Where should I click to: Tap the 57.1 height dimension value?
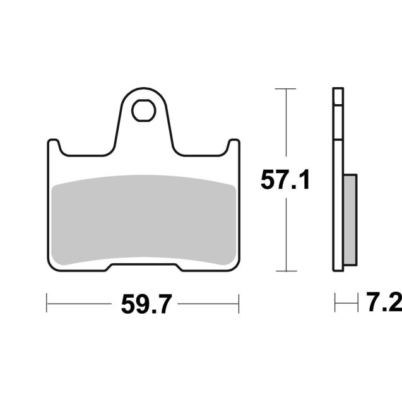(285, 181)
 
